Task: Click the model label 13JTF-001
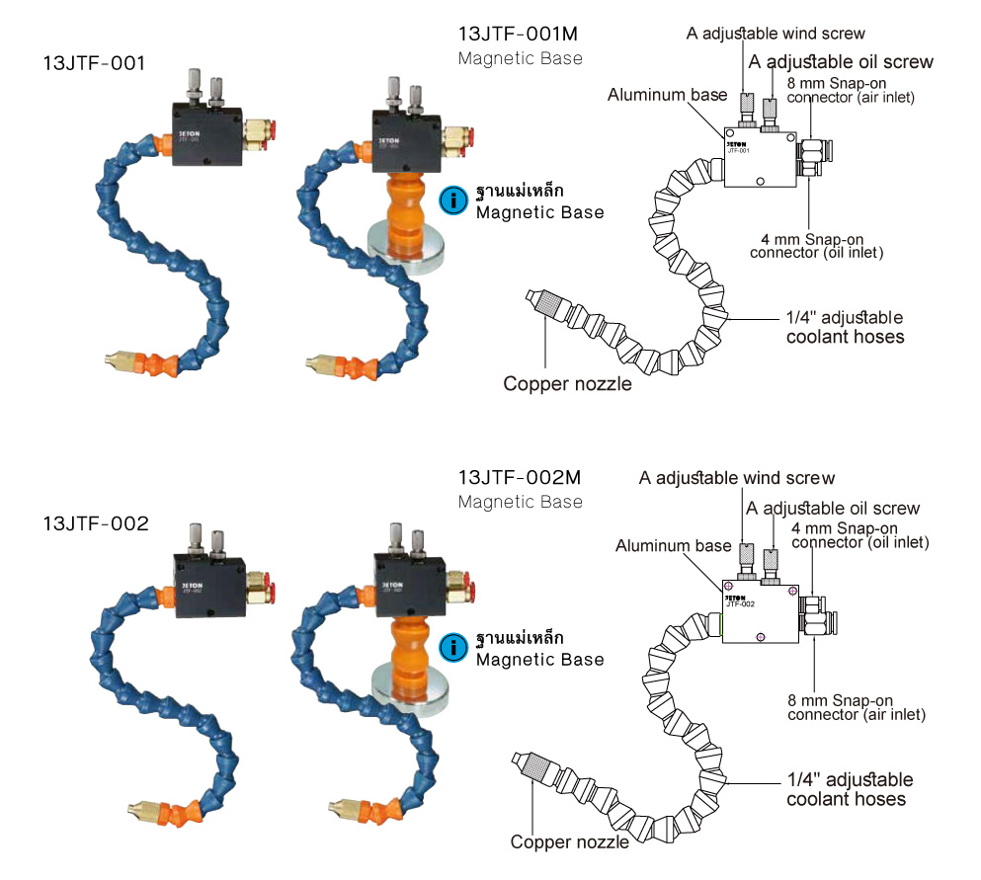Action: [94, 64]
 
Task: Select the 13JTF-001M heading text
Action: [520, 34]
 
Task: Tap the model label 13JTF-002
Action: [95, 523]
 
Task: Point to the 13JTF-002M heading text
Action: [520, 477]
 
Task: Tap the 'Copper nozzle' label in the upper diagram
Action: [567, 383]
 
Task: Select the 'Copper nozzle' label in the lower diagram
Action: [569, 842]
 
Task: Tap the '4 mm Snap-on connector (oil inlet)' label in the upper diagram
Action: [816, 245]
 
